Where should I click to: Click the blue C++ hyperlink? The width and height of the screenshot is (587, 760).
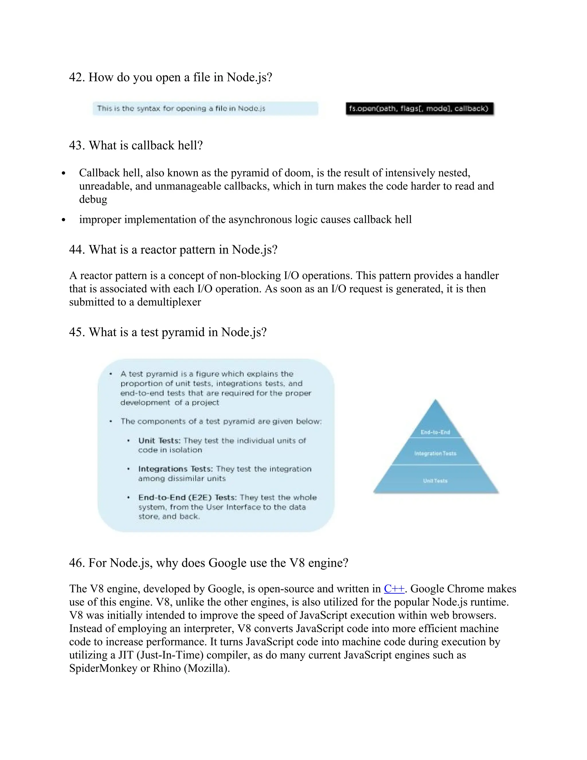tap(394, 589)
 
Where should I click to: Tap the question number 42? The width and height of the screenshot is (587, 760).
tap(77, 77)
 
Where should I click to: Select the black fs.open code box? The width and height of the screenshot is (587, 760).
tap(419, 109)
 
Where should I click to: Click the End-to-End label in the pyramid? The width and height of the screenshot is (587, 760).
tap(435, 432)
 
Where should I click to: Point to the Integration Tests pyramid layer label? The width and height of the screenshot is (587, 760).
tap(435, 453)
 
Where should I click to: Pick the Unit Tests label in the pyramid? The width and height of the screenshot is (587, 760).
tap(435, 481)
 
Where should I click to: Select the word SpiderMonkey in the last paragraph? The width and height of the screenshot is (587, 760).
tap(103, 668)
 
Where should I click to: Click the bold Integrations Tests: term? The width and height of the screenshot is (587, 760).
tap(175, 469)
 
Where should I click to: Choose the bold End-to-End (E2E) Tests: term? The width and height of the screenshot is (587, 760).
tap(187, 498)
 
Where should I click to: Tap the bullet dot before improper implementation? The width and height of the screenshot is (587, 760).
tap(63, 220)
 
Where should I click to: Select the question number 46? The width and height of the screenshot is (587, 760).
tap(77, 563)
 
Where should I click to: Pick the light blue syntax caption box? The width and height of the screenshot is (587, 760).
tap(205, 109)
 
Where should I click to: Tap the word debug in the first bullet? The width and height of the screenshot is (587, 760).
tap(93, 199)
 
